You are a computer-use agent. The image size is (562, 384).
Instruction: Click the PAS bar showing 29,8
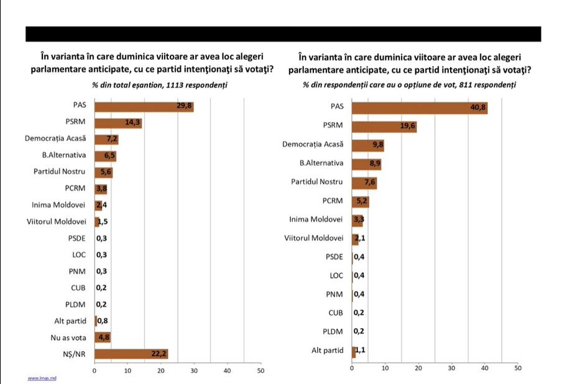point(144,106)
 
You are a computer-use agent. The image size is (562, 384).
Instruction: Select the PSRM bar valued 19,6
point(384,127)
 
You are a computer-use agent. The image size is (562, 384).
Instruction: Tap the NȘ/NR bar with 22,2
point(131,354)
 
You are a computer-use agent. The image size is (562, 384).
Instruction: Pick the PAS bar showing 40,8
point(419,108)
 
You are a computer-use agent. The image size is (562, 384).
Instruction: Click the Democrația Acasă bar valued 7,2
point(106,139)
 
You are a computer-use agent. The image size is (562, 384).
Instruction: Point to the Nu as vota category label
point(70,337)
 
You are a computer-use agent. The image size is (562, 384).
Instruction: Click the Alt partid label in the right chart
point(327,350)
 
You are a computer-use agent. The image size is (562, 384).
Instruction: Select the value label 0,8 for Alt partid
point(103,321)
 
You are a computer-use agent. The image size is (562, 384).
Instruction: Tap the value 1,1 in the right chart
point(360,350)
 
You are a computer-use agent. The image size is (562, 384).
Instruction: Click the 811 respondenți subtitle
point(410,85)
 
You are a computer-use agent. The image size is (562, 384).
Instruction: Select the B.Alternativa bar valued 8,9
point(366,164)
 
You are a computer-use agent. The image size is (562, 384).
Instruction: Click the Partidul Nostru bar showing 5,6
point(103,172)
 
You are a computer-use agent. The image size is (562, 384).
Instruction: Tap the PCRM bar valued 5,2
point(360,201)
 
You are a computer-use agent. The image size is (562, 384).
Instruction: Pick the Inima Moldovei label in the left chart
point(62,204)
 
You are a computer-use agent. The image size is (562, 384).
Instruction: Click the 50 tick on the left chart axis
point(260,371)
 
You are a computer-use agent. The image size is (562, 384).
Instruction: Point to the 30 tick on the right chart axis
point(451,368)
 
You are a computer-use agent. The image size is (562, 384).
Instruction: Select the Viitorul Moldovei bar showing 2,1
point(355,238)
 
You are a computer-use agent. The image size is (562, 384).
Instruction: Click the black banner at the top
point(283,34)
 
